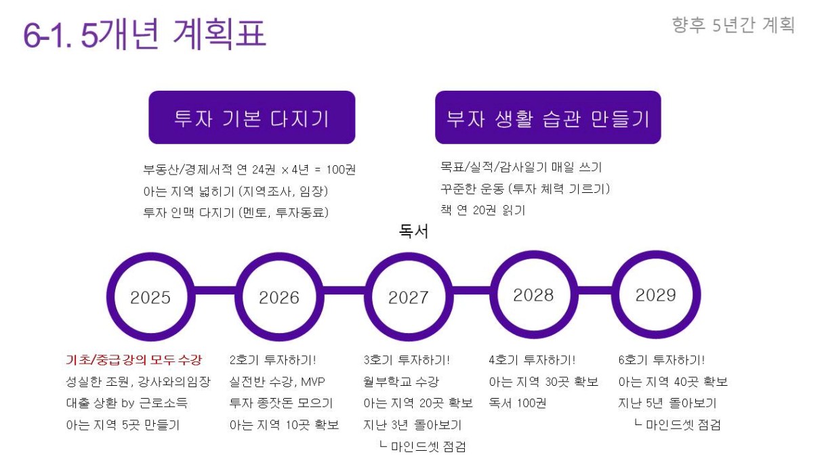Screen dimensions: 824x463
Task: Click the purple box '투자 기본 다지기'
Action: (x=252, y=118)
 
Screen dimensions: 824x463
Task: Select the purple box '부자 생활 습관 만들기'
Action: (x=548, y=118)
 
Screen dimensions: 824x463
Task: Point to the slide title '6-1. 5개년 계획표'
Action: (x=144, y=34)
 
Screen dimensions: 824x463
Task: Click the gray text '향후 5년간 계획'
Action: (x=733, y=25)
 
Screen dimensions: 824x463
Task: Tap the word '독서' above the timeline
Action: (x=413, y=231)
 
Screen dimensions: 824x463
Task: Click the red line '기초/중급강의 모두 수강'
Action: (x=134, y=359)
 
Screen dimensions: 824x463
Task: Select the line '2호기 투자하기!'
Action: (x=272, y=359)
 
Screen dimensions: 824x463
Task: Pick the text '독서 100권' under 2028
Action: (x=518, y=403)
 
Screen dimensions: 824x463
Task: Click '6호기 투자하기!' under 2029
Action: (x=661, y=359)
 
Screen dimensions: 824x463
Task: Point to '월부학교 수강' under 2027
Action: (x=401, y=381)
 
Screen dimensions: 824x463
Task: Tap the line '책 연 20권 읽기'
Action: (x=482, y=211)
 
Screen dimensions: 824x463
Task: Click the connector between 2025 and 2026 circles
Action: (x=215, y=290)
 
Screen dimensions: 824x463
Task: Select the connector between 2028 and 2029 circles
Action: (x=595, y=290)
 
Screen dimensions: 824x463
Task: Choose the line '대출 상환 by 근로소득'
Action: (x=127, y=403)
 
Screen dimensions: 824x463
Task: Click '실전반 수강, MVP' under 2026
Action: (x=277, y=381)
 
